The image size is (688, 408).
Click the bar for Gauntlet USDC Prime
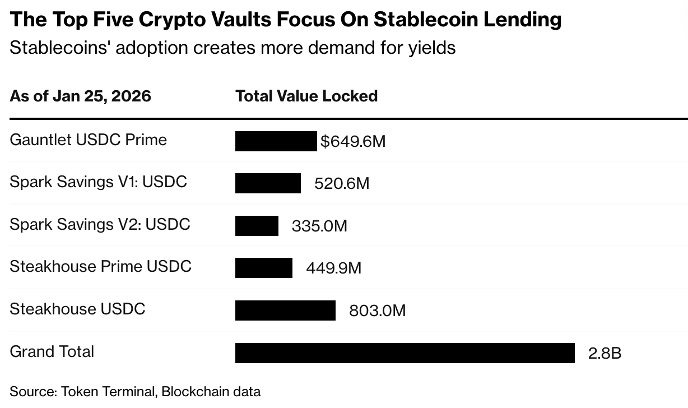tap(276, 141)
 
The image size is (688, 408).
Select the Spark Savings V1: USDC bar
tap(268, 183)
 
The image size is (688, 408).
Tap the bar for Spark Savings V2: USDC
tap(257, 226)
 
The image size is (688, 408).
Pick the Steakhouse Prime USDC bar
tap(264, 268)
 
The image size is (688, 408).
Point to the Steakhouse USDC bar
tap(285, 310)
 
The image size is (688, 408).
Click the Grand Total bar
tap(405, 353)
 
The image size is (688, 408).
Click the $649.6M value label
tap(353, 141)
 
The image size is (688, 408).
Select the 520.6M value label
tap(342, 184)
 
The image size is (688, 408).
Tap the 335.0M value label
tap(319, 226)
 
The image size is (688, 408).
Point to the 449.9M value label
tap(333, 268)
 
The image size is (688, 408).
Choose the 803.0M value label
tap(377, 310)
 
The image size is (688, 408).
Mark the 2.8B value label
tap(605, 353)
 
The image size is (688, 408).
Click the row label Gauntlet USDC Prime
tap(88, 140)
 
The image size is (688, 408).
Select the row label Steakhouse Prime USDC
tap(100, 266)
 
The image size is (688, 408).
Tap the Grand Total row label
tap(52, 351)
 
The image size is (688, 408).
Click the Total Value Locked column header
tap(306, 96)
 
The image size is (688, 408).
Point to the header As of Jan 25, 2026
tap(80, 96)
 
